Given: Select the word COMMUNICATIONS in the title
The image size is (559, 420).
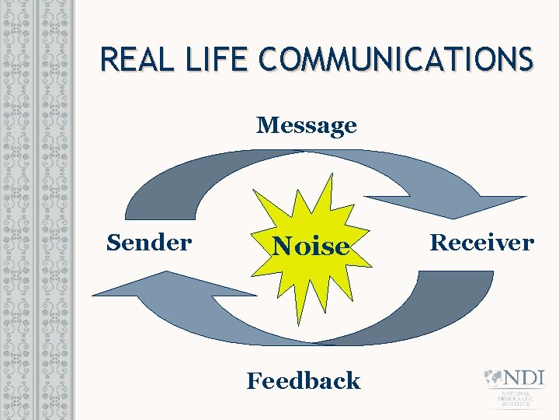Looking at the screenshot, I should coord(398,59).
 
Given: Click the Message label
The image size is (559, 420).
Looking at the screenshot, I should coord(307,124).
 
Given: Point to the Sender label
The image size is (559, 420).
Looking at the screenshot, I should coord(148,243).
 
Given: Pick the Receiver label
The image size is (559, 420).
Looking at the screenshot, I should coord(482,243).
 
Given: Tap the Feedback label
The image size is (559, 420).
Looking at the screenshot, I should coord(304,380).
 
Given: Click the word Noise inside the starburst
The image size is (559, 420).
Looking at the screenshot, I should coord(311,247).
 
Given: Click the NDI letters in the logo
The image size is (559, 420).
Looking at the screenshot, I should coord(524,378).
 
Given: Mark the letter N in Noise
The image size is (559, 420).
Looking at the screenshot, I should coord(281,247).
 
